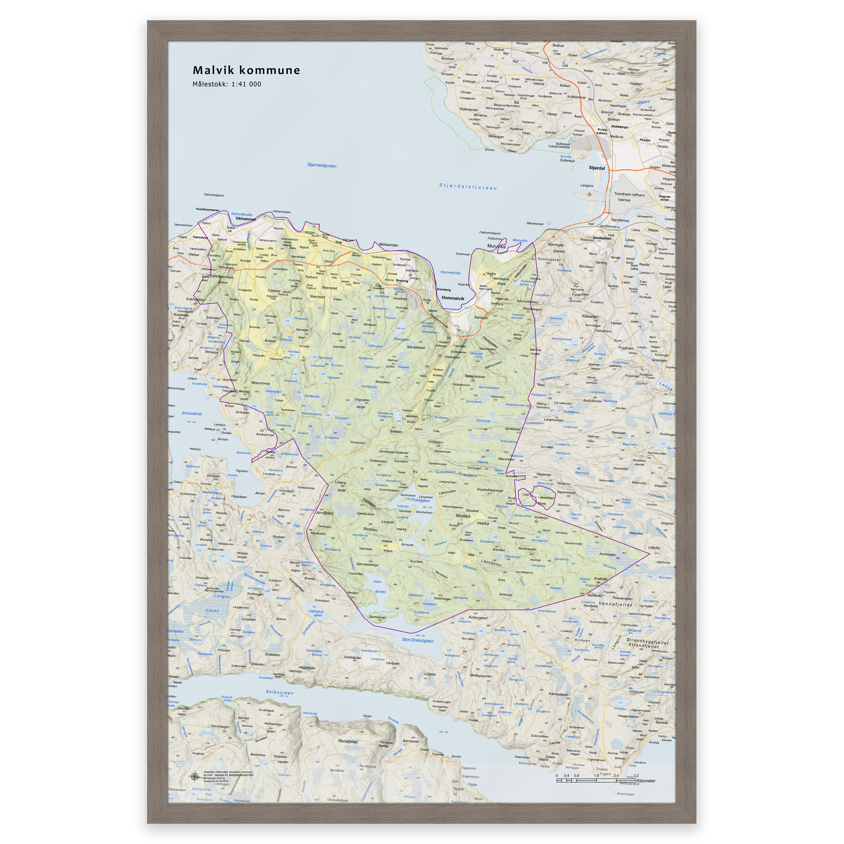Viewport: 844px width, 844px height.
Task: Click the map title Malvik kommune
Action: pyautogui.click(x=246, y=70)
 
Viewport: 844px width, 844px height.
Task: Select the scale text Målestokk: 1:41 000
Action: pyautogui.click(x=226, y=84)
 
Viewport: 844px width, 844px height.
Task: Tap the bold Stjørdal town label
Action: pyautogui.click(x=597, y=168)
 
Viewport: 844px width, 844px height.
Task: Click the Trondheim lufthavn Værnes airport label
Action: pyautogui.click(x=628, y=197)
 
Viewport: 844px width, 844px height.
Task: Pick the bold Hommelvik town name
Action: pyautogui.click(x=452, y=298)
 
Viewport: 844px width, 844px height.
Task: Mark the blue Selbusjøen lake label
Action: pyautogui.click(x=279, y=692)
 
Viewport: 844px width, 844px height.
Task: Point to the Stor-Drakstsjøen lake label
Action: pyautogui.click(x=417, y=640)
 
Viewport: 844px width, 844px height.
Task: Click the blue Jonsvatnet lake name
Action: pyautogui.click(x=191, y=413)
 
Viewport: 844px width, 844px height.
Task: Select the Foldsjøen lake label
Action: pyautogui.click(x=420, y=501)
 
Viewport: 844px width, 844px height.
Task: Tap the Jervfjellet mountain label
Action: pyautogui.click(x=324, y=513)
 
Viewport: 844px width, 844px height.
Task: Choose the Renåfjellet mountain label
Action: pyautogui.click(x=348, y=741)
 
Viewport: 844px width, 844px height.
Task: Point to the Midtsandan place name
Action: pyautogui.click(x=388, y=245)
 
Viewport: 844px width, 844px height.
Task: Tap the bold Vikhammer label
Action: pyautogui.click(x=245, y=219)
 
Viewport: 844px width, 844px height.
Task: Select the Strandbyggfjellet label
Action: pyautogui.click(x=647, y=642)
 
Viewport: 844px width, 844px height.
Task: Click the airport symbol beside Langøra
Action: pyautogui.click(x=589, y=195)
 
